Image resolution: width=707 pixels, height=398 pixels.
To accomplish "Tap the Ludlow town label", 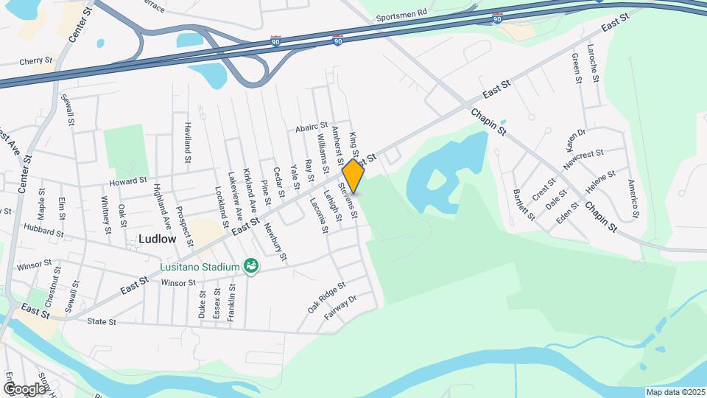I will tap(158, 240).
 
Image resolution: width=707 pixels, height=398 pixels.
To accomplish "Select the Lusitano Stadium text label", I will tap(201, 266).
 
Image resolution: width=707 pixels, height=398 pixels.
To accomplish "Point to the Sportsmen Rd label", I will tap(401, 14).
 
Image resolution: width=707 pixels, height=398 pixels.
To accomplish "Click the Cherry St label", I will tap(37, 62).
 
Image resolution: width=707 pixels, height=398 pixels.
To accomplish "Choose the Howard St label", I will tap(128, 181).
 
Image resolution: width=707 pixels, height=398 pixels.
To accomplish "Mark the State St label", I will tap(102, 322).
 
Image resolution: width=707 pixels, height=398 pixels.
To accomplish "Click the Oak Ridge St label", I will tap(326, 296).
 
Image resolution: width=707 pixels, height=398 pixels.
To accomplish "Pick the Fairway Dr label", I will tap(342, 310).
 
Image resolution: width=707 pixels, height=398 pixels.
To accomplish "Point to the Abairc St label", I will tap(312, 127).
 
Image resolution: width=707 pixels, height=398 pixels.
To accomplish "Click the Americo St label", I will tap(632, 199).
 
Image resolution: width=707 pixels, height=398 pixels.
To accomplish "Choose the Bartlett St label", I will tap(524, 203).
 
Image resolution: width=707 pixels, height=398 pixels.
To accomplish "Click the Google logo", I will tap(24, 388).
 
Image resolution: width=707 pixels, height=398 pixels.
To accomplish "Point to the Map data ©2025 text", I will tap(675, 392).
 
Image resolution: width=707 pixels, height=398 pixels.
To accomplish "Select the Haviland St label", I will tap(188, 142).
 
